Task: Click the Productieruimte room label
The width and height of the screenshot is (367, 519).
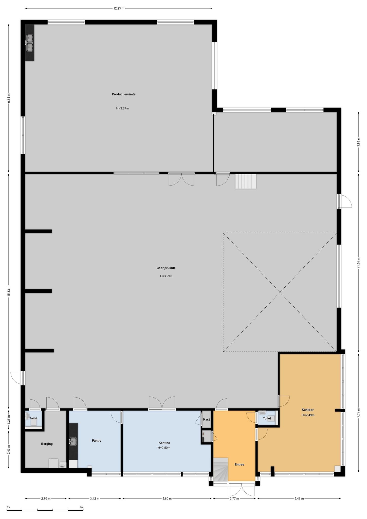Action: (124, 94)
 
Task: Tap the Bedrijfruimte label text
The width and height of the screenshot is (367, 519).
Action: (166, 268)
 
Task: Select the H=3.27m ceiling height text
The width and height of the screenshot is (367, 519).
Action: (123, 108)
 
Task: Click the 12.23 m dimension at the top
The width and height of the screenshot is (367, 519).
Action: (119, 8)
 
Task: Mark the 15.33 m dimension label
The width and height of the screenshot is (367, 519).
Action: (9, 292)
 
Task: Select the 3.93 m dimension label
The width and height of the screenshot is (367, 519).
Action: (358, 142)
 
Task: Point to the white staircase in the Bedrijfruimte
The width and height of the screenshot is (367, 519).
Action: (246, 181)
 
